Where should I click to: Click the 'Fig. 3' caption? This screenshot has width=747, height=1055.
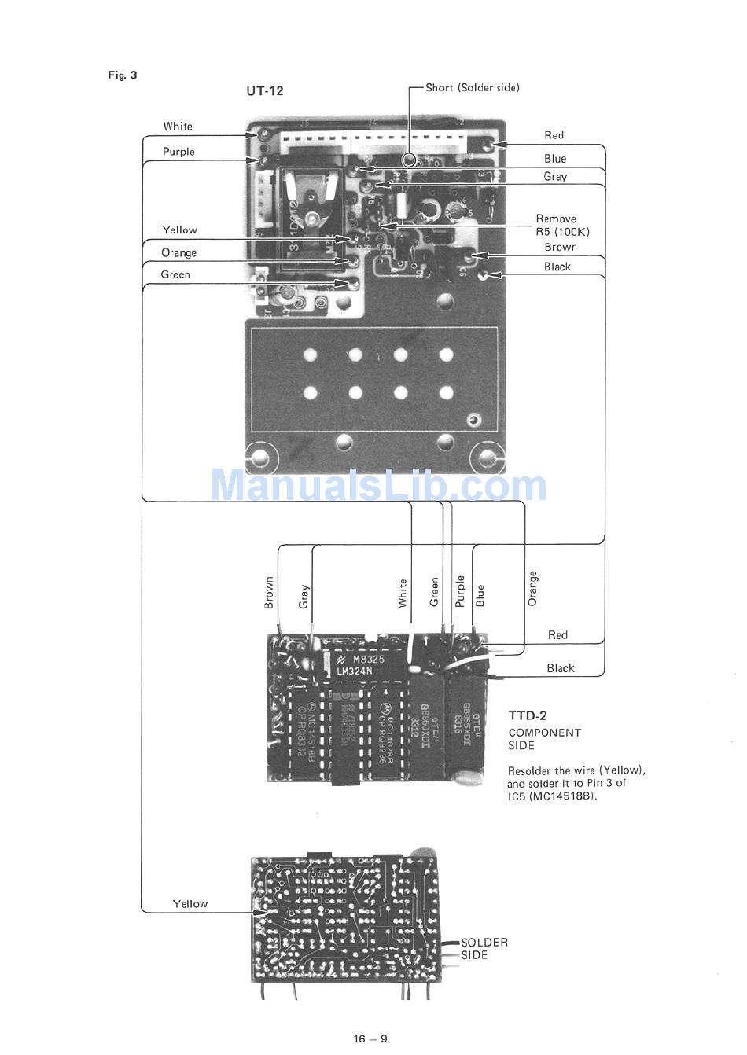[x=123, y=75]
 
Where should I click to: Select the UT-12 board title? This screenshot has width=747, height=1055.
[x=265, y=90]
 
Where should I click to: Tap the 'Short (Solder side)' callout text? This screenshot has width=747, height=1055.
[x=472, y=88]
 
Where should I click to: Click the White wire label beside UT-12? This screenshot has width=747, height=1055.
[x=178, y=127]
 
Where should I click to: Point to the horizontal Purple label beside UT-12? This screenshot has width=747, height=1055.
[x=178, y=152]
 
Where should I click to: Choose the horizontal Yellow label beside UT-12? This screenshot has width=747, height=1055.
[x=179, y=230]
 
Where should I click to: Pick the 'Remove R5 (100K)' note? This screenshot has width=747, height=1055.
[x=561, y=226]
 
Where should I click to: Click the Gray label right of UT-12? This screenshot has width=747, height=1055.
[x=555, y=177]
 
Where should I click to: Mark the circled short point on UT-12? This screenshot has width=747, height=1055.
[x=409, y=160]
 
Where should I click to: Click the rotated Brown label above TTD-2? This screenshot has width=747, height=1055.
[x=269, y=594]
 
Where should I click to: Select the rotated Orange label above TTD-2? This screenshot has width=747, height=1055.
[x=533, y=589]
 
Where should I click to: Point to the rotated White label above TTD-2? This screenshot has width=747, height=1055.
[x=403, y=594]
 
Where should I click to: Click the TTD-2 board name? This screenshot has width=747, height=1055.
[x=527, y=715]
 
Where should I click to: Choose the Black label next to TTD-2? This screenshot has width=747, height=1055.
[x=561, y=668]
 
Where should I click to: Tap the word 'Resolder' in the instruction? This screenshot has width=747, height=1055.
[x=530, y=770]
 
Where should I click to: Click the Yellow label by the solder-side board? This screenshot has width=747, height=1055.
[x=190, y=904]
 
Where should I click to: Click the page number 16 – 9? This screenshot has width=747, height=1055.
[x=370, y=1039]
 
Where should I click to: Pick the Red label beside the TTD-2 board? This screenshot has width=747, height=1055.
[x=557, y=635]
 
